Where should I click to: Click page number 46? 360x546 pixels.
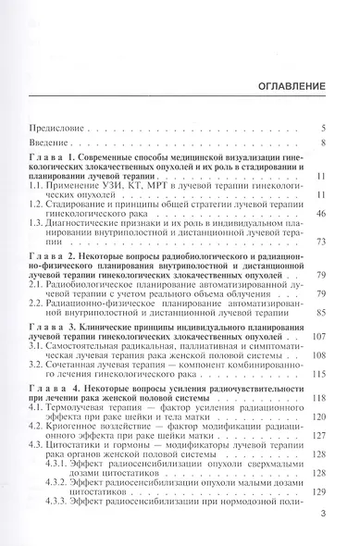320,212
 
